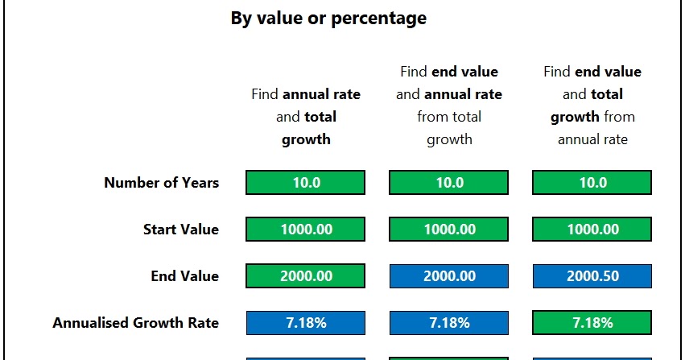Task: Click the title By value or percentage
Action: [x=328, y=18]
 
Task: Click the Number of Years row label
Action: [x=161, y=183]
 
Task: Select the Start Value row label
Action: [x=180, y=230]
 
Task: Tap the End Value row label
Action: [x=184, y=276]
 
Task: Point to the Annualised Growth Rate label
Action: [x=135, y=323]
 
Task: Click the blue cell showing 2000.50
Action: [x=592, y=276]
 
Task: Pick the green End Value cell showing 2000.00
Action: [x=305, y=276]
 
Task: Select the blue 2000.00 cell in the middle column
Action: [x=448, y=276]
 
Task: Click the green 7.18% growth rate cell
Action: [x=592, y=323]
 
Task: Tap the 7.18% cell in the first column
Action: [x=305, y=323]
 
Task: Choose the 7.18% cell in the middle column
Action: [x=448, y=323]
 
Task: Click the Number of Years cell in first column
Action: [x=305, y=183]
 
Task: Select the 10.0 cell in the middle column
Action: [x=448, y=183]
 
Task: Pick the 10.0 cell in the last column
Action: [x=592, y=183]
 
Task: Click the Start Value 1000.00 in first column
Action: [x=305, y=230]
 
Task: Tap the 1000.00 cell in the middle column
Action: [x=448, y=230]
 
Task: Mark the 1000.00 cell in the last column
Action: [x=592, y=230]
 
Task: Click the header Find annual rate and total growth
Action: [x=306, y=117]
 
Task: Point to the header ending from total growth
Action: [x=448, y=106]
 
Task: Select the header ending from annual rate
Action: [x=592, y=106]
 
